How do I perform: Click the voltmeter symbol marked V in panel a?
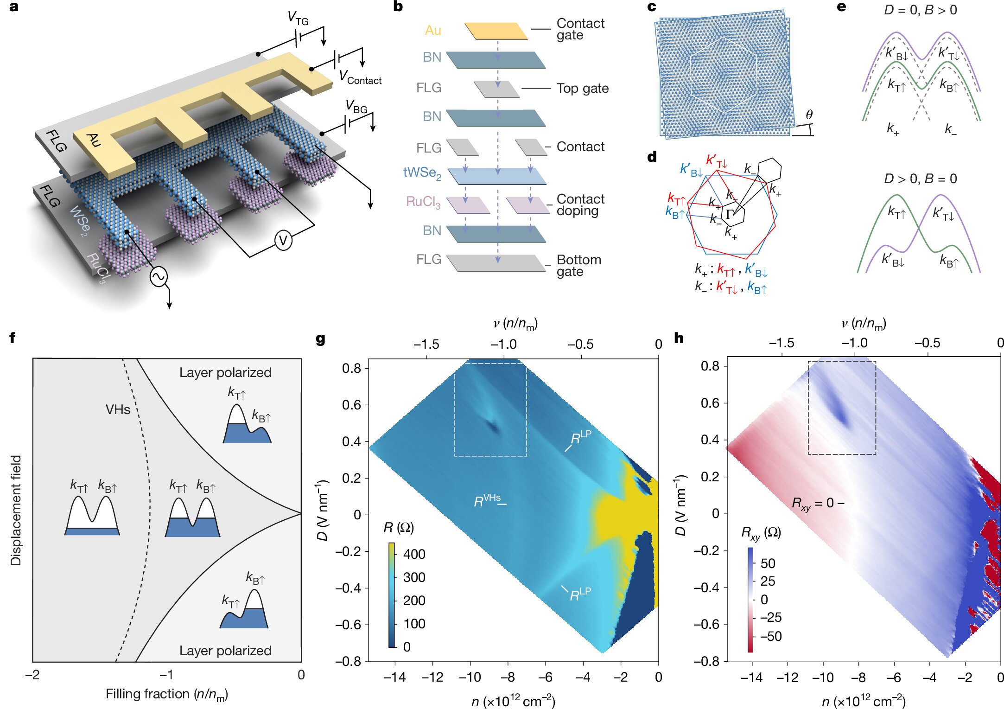pos(283,241)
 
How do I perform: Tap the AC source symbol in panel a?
pos(159,277)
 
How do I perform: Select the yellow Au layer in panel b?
pos(496,31)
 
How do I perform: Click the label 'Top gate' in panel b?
pos(582,88)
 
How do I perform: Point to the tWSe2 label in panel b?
pos(422,172)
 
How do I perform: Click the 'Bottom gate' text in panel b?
pos(578,265)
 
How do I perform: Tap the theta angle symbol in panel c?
pos(809,115)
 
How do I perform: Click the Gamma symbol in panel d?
pos(730,214)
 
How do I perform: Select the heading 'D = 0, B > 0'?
pos(920,10)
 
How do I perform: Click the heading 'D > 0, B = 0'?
pos(920,179)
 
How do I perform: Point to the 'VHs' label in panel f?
pos(118,409)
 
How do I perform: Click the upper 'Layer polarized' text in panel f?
pos(225,372)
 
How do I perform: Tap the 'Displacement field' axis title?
pos(16,510)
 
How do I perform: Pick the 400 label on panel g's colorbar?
pos(414,554)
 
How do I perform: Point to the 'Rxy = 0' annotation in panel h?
pos(813,504)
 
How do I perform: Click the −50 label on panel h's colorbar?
pos(771,636)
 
